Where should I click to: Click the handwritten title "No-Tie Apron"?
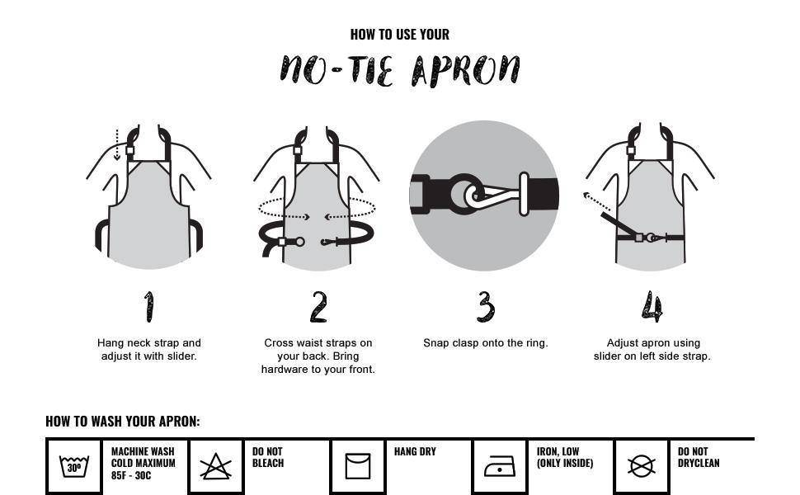(x=400, y=70)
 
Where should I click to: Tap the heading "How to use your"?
(x=400, y=35)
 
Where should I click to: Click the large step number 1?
(x=148, y=307)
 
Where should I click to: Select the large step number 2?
(x=318, y=307)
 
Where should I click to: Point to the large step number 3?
(x=486, y=307)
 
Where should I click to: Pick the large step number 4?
(x=652, y=307)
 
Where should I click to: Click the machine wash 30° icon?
(x=74, y=466)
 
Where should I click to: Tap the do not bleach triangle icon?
(x=216, y=466)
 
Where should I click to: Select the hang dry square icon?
(x=358, y=466)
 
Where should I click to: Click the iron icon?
(x=500, y=466)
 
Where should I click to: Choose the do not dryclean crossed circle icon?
(x=642, y=466)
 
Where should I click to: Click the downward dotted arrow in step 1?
(x=117, y=145)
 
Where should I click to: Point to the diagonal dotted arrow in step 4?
(x=596, y=201)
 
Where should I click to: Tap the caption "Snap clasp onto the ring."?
(x=486, y=343)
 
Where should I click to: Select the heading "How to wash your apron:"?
(x=123, y=422)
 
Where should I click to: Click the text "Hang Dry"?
(x=416, y=451)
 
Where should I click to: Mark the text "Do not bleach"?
(x=268, y=457)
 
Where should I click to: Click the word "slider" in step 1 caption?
(x=181, y=356)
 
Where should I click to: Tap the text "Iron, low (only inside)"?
(x=565, y=457)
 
